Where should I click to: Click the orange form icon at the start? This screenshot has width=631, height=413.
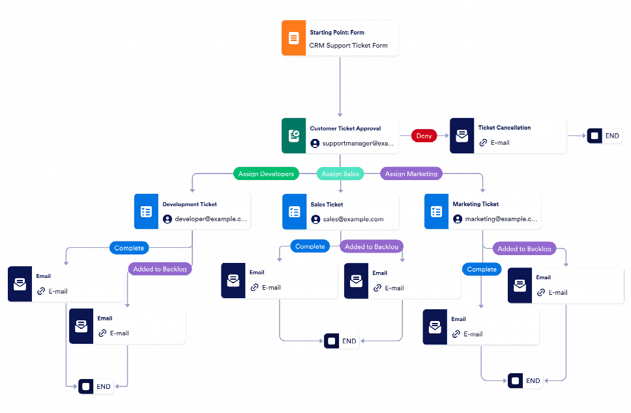point(293,38)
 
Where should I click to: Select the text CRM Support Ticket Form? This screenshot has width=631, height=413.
point(348,46)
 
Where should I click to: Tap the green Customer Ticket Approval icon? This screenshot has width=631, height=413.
point(293,136)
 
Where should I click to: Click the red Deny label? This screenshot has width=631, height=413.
point(424,136)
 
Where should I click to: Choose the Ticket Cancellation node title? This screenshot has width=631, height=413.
point(504,128)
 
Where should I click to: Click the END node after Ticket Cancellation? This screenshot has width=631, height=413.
point(604,136)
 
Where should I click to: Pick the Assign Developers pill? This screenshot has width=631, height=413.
point(266,174)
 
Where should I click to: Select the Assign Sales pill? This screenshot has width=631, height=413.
point(340,174)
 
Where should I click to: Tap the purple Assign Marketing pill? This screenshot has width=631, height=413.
point(411,174)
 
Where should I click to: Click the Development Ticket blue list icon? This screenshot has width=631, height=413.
point(146,212)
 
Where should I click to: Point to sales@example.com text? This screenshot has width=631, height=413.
point(353,219)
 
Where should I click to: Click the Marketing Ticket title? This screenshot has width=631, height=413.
point(475,204)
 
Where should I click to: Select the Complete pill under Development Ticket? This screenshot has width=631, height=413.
point(129,248)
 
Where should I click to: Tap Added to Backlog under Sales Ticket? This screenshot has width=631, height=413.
point(371,247)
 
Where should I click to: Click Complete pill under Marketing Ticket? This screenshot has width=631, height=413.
point(482,269)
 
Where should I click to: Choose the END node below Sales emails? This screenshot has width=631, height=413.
point(342,341)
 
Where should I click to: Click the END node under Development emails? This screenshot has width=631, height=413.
point(96,386)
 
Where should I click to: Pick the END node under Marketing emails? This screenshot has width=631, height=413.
point(525,380)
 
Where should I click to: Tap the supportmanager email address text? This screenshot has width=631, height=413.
point(358,144)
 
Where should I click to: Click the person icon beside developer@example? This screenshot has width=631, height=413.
point(168,219)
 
